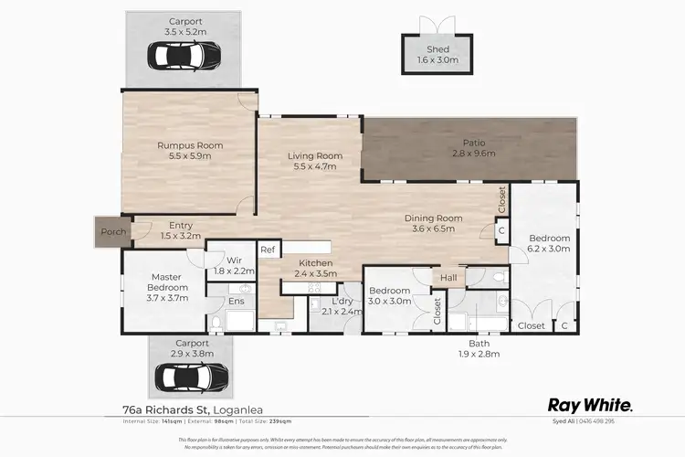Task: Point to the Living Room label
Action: [314, 155]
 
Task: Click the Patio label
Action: [472, 143]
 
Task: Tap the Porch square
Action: [113, 232]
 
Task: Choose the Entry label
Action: [181, 225]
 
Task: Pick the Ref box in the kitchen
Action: [268, 250]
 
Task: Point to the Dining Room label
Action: [434, 218]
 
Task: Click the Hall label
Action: [448, 276]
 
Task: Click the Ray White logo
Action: [589, 404]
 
